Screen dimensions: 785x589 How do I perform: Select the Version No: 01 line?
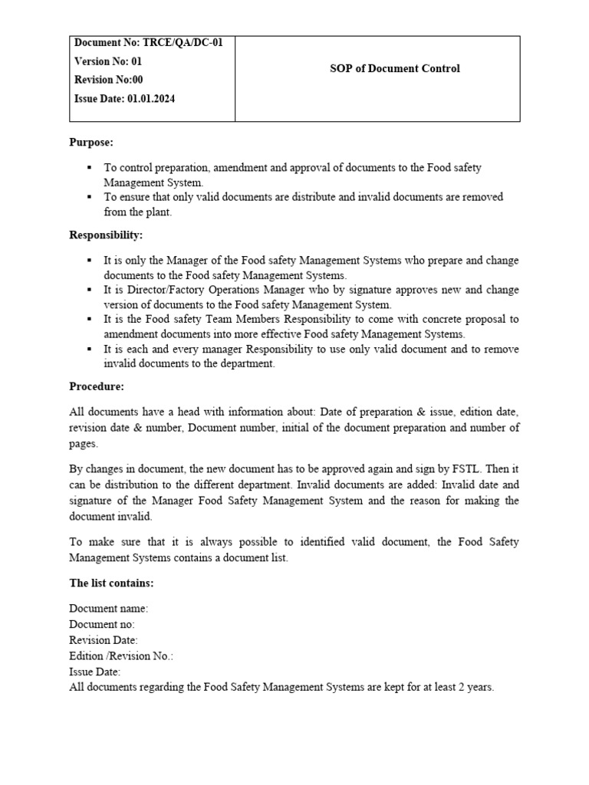pos(108,61)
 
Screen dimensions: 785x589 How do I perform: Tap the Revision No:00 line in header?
pos(109,80)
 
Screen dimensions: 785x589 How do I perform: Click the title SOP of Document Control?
pos(394,68)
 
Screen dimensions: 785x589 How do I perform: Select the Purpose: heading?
pos(91,143)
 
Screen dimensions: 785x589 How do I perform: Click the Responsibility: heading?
pos(106,235)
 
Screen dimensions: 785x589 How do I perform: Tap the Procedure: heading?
pos(97,386)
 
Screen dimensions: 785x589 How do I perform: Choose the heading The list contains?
pos(111,583)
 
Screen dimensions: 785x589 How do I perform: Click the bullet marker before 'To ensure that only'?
pos(90,197)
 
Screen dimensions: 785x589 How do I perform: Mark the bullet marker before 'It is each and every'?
pos(90,349)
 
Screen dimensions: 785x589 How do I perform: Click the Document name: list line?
pos(109,608)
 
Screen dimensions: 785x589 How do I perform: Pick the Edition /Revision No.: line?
pos(121,655)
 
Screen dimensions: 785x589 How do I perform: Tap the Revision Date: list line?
pos(104,640)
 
